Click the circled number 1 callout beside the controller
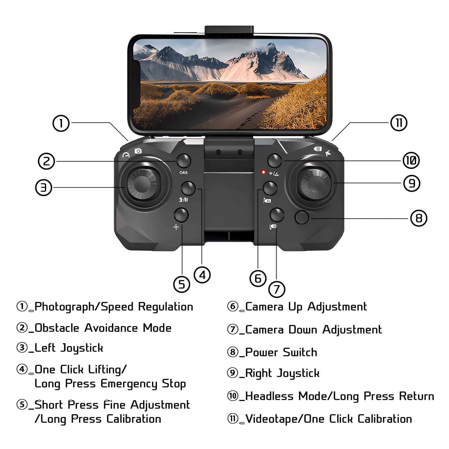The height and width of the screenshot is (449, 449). pos(61,123)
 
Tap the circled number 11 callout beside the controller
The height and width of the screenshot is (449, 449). pos(399,123)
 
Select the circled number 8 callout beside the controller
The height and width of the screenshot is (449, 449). pos(419,218)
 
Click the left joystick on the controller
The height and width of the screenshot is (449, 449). pos(143,184)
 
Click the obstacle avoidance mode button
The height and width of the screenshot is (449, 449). pos(184,161)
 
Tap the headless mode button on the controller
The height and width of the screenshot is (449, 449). pos(274,161)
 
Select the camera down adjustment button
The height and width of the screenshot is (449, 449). pos(277,215)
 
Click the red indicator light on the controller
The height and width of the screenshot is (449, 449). pos(263,172)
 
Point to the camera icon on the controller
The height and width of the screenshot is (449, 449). pos(138,151)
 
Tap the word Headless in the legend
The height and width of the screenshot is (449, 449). pos(269,396)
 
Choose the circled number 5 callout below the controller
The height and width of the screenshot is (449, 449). pos(182,284)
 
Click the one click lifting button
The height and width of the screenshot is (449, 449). pos(188,188)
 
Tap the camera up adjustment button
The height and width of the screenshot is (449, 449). pos(270,188)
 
